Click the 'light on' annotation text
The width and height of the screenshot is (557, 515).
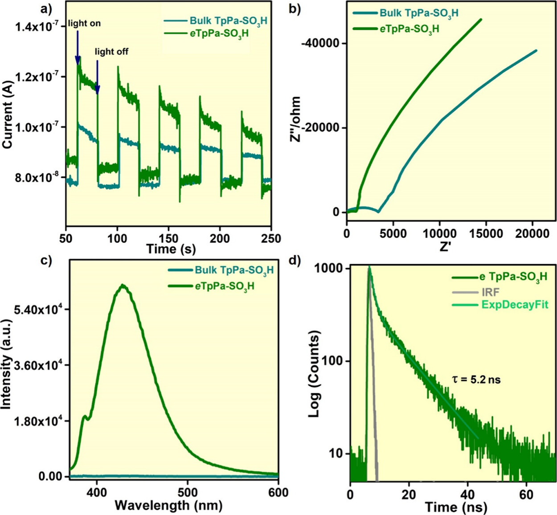point(84,23)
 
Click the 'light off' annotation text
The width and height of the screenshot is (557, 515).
point(111,52)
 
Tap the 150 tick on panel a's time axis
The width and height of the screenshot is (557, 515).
point(168,238)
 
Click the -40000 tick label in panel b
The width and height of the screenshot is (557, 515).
point(320,44)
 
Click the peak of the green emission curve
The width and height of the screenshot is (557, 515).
point(123,286)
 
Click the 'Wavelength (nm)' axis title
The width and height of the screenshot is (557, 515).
point(168,505)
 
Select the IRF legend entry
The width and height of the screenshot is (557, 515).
point(490,292)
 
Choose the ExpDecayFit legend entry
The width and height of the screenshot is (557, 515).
point(515,305)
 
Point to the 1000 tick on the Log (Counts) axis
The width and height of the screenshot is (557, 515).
point(331,269)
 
